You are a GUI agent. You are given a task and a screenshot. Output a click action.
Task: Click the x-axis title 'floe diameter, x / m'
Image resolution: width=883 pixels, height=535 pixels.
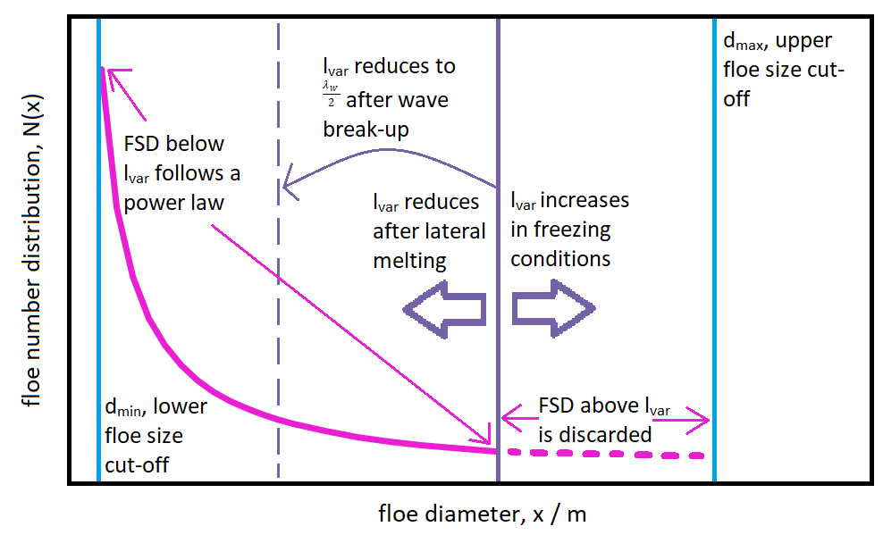[x=482, y=514]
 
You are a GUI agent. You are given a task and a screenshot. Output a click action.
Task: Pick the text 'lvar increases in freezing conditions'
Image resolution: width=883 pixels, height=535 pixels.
[x=569, y=230]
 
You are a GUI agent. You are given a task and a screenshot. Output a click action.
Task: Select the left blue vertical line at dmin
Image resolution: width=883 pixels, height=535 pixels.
[x=98, y=268]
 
